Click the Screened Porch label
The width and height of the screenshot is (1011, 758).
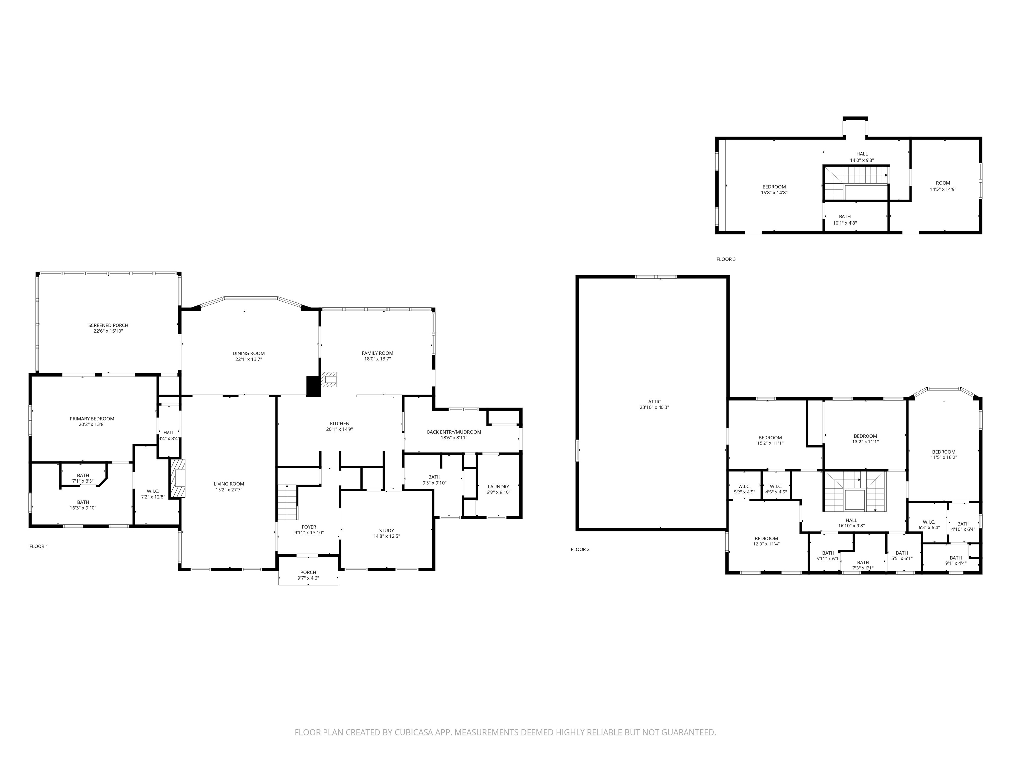108,325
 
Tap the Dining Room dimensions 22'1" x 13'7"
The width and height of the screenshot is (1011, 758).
249,359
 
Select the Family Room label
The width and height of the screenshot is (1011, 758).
377,353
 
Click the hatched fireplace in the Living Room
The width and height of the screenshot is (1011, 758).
179,478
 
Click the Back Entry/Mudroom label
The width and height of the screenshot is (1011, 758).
454,432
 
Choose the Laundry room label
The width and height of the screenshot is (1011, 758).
498,487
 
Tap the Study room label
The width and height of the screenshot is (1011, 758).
386,530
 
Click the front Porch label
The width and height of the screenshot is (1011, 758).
308,572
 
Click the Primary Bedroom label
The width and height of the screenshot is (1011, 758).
92,418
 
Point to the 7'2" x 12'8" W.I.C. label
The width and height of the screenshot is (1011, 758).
153,494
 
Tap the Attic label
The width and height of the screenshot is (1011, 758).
654,402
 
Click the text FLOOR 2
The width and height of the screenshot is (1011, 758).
580,549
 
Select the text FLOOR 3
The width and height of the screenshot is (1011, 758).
726,259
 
